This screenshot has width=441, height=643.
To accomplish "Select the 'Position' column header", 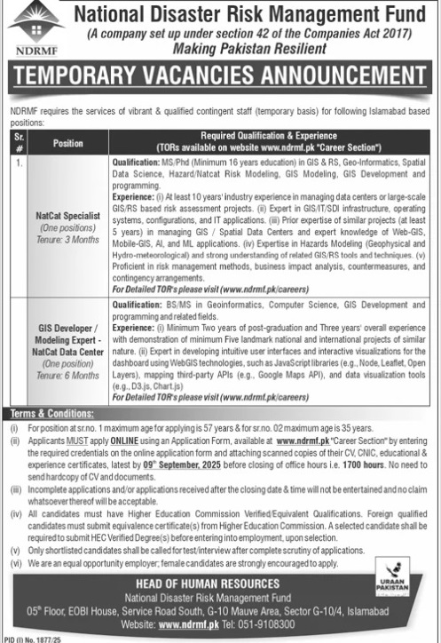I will click(67, 142).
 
